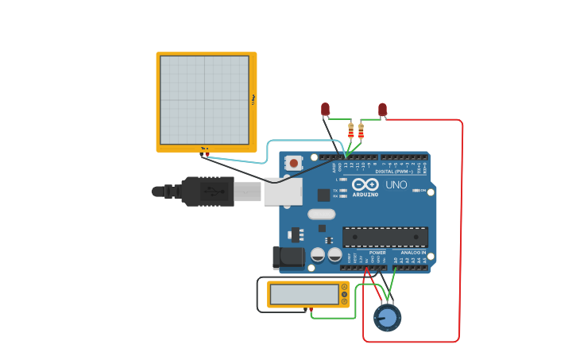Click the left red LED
tap(325, 109)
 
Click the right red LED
tap(382, 109)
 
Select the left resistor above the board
tap(350, 130)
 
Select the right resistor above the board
tap(361, 130)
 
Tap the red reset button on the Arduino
tap(294, 163)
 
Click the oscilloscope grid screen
tap(204, 100)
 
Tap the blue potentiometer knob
tap(387, 318)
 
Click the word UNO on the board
tap(396, 185)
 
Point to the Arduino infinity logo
tap(365, 184)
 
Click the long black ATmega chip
tap(385, 237)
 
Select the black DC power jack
tap(288, 257)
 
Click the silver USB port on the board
tap(283, 192)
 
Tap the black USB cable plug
tap(208, 192)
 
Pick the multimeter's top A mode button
tap(344, 287)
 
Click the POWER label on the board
tap(377, 253)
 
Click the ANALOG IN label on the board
tap(413, 253)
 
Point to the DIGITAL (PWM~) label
tap(394, 171)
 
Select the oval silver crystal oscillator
tap(321, 214)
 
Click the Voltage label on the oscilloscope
tap(253, 99)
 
